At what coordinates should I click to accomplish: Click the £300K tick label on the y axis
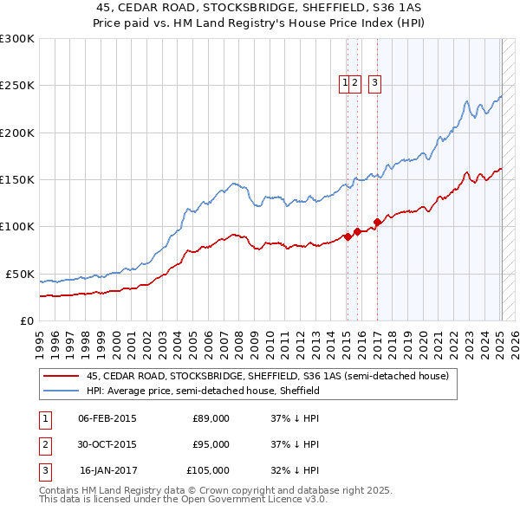tap(16, 39)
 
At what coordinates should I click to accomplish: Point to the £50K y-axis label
tap(19, 274)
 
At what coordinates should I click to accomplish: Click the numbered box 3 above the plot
tap(374, 83)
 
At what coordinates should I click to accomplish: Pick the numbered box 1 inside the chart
tap(346, 83)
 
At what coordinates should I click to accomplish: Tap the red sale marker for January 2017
tap(377, 221)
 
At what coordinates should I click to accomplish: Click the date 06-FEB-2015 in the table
tap(107, 418)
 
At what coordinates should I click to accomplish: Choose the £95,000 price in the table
tap(211, 444)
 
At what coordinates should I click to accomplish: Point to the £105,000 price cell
tap(208, 470)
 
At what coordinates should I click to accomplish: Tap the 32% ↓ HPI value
tap(295, 470)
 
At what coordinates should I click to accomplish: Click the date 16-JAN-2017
tap(107, 470)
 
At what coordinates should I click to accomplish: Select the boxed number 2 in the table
tap(44, 444)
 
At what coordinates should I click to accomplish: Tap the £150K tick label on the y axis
tap(16, 180)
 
